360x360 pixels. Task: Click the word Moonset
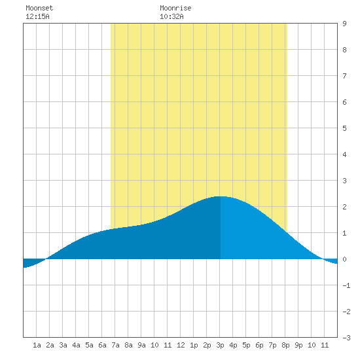tap(39, 8)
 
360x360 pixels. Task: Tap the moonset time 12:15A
tap(37, 16)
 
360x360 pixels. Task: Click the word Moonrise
tap(175, 8)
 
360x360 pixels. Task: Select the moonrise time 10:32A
tap(171, 16)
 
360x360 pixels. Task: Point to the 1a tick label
tap(37, 345)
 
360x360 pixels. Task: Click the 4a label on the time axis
tap(76, 345)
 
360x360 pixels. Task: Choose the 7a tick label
tap(115, 345)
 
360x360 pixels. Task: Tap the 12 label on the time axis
tap(181, 345)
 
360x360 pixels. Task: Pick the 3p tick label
tap(220, 345)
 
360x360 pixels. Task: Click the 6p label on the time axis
tap(259, 345)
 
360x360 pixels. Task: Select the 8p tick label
tap(285, 345)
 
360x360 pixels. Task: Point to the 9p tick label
tap(298, 345)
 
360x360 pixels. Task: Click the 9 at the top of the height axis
tap(344, 24)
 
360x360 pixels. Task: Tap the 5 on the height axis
tap(344, 128)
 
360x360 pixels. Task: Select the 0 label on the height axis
tap(344, 259)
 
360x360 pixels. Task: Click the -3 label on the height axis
tap(346, 338)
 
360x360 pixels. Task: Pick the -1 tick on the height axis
tap(346, 285)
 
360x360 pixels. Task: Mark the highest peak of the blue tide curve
tap(220, 196)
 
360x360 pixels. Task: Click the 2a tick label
tap(50, 345)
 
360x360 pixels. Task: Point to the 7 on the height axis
tap(344, 76)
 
